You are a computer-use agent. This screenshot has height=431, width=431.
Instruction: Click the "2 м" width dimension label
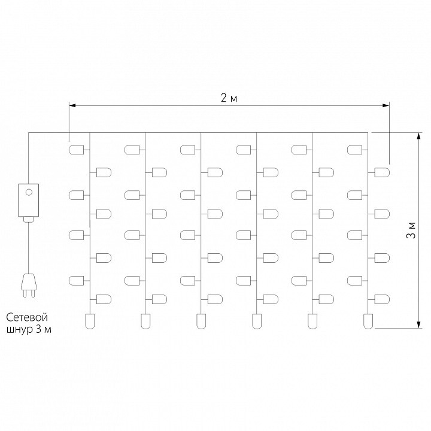click(229, 98)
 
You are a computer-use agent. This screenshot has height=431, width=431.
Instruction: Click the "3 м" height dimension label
click(411, 230)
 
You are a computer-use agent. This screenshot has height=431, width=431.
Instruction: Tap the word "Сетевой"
click(27, 317)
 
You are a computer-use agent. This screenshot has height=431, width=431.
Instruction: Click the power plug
click(28, 284)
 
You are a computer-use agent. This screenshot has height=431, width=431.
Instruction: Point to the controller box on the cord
click(28, 201)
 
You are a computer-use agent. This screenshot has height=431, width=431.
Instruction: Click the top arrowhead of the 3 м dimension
click(417, 136)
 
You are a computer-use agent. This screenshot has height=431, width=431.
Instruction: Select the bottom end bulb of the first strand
click(90, 321)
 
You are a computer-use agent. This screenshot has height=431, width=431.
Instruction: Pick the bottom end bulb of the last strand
click(368, 321)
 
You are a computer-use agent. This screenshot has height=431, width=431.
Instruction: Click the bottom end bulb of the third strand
click(201, 321)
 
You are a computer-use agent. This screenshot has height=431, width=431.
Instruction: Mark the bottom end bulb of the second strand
click(145, 321)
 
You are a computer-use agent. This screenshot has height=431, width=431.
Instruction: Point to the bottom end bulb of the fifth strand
click(312, 321)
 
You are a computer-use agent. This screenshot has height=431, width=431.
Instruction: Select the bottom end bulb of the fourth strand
click(256, 321)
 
